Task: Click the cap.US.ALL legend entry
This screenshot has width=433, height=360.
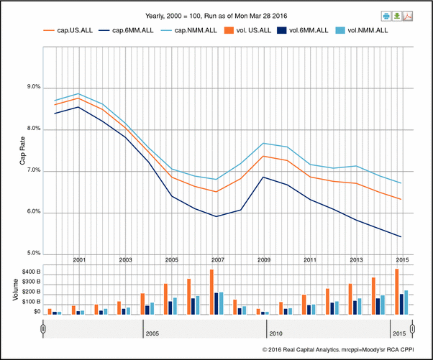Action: click(x=70, y=30)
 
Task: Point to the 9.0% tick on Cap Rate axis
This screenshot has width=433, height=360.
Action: click(x=33, y=87)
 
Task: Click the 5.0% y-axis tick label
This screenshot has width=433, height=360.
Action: click(x=33, y=254)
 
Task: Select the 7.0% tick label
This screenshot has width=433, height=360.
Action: click(x=33, y=171)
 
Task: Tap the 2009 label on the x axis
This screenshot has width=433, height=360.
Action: click(x=263, y=259)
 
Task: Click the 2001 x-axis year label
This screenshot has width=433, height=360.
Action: click(x=80, y=259)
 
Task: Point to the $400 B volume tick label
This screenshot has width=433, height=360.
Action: click(x=30, y=272)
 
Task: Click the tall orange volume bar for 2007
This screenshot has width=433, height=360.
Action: click(x=211, y=292)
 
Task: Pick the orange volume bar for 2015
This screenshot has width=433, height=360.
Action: click(x=396, y=291)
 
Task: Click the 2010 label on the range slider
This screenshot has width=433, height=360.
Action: click(x=275, y=334)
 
